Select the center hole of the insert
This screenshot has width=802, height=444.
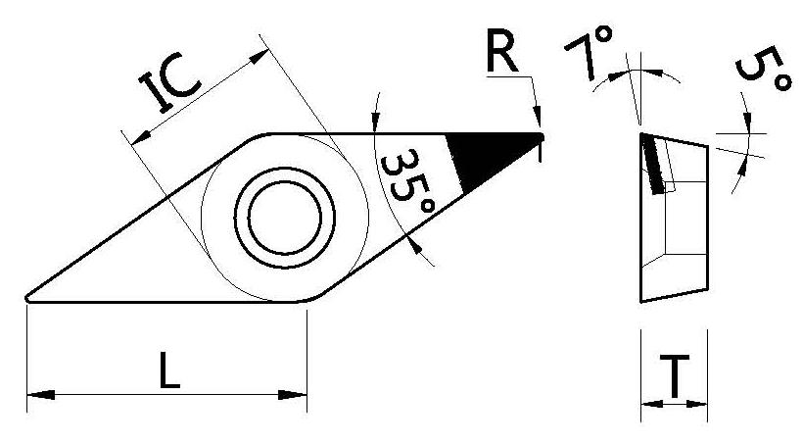pyautogui.click(x=283, y=217)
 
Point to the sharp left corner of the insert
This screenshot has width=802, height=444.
pyautogui.click(x=28, y=298)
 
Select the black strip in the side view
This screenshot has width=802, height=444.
pyautogui.click(x=652, y=163)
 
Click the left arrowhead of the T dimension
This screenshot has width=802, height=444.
pyautogui.click(x=648, y=402)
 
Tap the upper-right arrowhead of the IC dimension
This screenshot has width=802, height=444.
pyautogui.click(x=259, y=58)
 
